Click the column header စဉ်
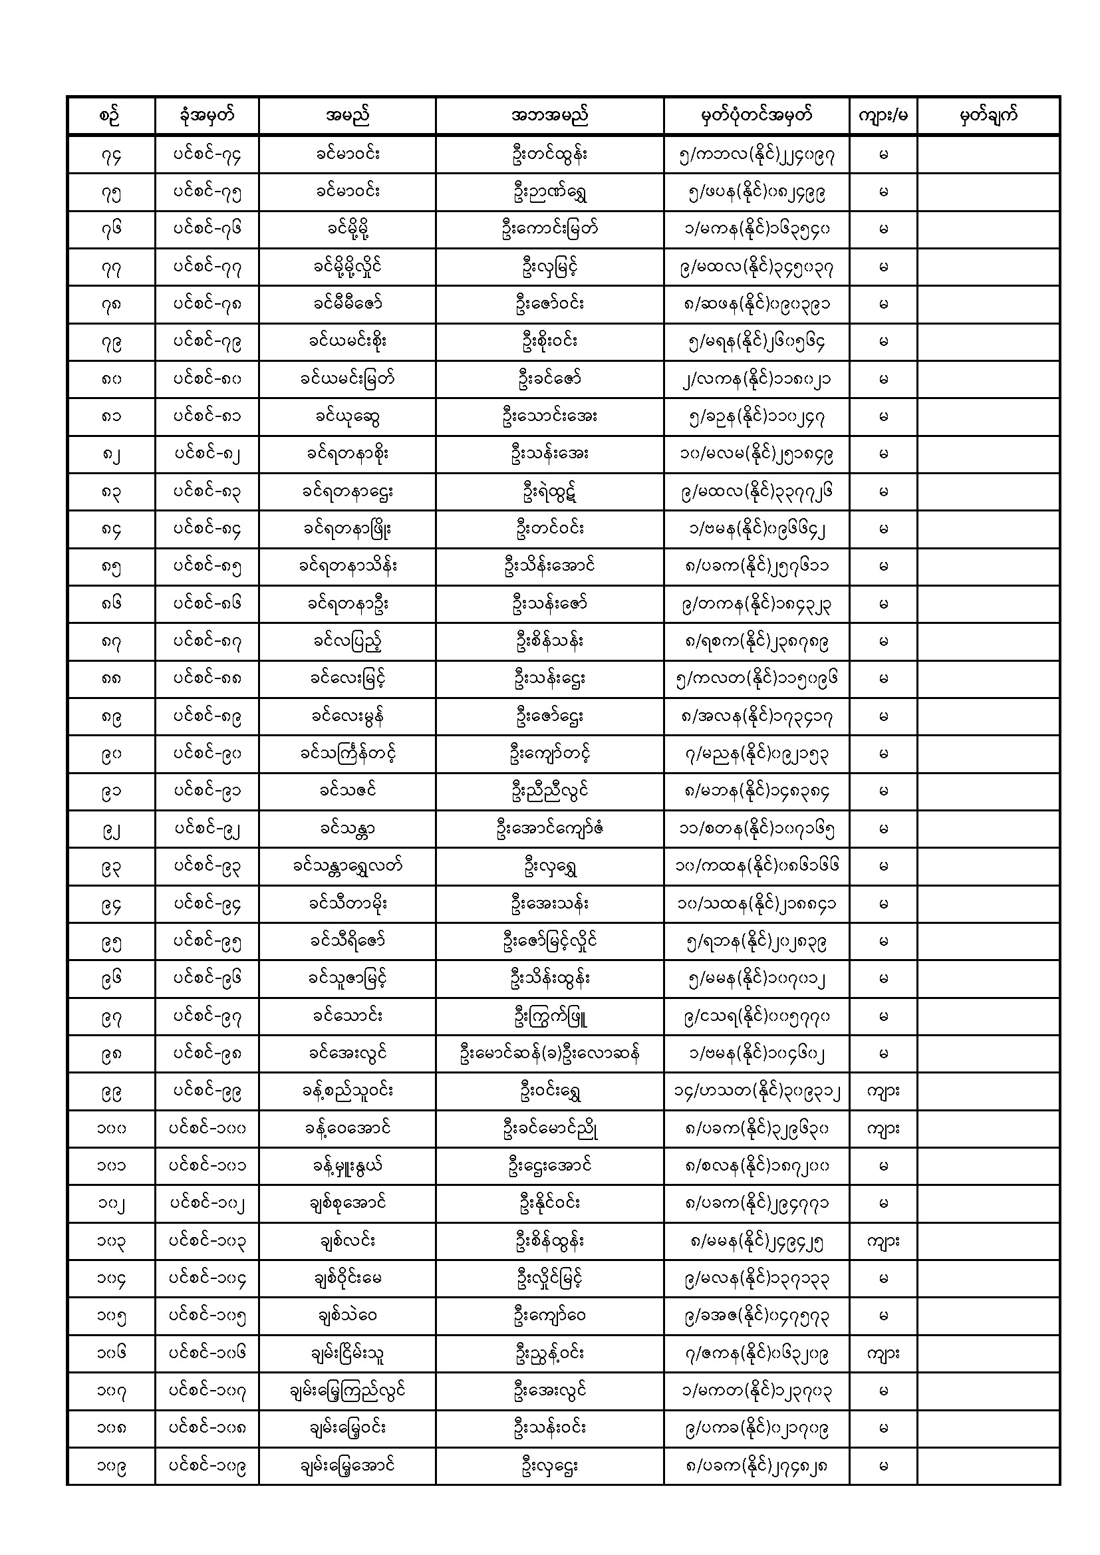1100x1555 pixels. tap(111, 116)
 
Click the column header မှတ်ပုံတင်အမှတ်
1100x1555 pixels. tap(756, 116)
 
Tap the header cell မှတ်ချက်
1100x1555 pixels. tap(988, 116)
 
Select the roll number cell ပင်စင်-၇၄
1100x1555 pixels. tap(207, 155)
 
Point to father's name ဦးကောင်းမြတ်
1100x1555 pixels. tap(549, 229)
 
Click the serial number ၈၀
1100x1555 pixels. tap(111, 380)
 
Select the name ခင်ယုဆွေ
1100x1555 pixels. tap(346, 417)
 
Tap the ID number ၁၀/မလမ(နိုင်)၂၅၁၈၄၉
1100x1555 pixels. tap(756, 454)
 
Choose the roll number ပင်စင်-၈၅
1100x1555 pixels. tap(207, 567)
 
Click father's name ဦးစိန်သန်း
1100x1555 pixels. tap(549, 641)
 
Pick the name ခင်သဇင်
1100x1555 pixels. tap(346, 791)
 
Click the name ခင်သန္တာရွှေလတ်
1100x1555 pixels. tap(346, 866)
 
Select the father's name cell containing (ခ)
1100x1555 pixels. tap(549, 1054)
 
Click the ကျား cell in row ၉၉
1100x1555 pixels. tap(883, 1091)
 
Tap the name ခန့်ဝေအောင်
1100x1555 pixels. tap(346, 1128)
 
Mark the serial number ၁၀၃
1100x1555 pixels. tap(111, 1242)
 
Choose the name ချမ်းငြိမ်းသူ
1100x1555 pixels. tap(346, 1354)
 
